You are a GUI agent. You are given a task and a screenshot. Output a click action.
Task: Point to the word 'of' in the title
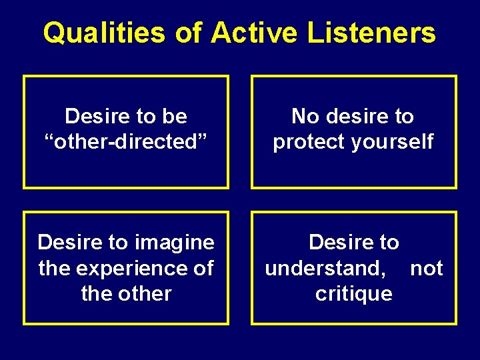coord(187,33)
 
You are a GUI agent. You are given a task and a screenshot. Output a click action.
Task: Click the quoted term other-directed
coord(126,141)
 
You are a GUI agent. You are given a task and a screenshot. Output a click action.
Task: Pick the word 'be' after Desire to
coord(175,116)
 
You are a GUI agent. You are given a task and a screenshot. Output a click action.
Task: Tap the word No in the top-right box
coord(306,116)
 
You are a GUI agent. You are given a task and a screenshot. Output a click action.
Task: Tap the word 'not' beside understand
coord(427,267)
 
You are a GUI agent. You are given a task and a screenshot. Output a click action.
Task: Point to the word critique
coord(354,293)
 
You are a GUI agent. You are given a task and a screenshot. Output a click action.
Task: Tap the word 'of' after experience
coord(203,267)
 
